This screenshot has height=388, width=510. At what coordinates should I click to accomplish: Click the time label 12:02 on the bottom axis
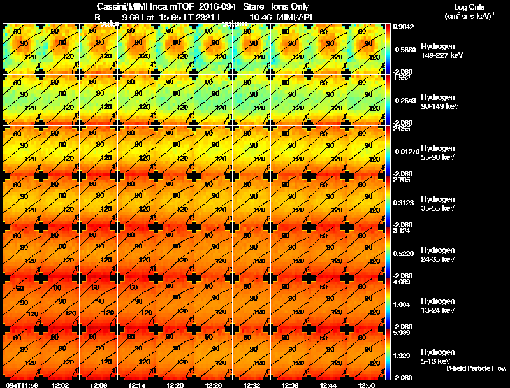coord(61,385)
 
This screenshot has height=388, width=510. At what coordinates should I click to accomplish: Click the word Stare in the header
coord(253,6)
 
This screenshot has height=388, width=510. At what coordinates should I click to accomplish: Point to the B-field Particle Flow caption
coord(476,368)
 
